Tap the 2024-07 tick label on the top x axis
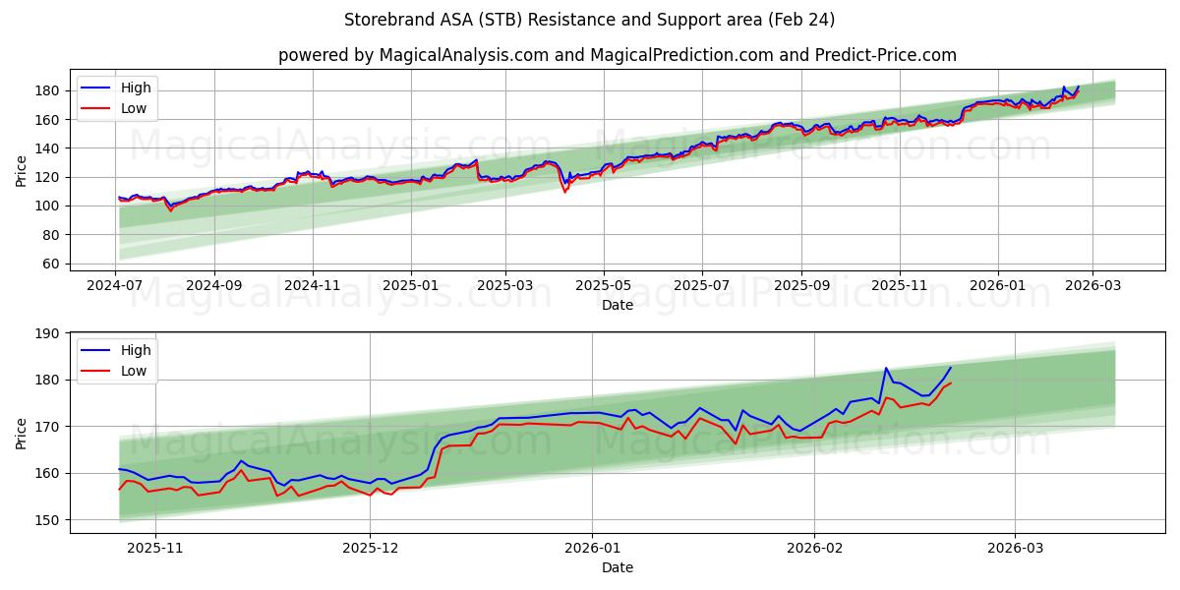[116, 286]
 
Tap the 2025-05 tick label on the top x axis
[603, 286]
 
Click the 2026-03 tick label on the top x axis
[1093, 286]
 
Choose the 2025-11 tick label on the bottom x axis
[155, 549]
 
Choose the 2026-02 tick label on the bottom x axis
[816, 549]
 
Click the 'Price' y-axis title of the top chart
[22, 171]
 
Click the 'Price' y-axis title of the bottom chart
[22, 434]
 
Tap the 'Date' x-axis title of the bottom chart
[617, 567]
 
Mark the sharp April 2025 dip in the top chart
[564, 191]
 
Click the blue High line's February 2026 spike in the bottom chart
[886, 369]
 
